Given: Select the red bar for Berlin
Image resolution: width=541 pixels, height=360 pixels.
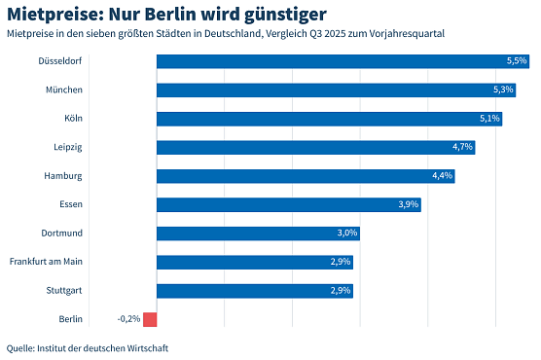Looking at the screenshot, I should (149, 319).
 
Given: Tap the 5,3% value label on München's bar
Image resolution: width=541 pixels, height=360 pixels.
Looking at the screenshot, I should (503, 90).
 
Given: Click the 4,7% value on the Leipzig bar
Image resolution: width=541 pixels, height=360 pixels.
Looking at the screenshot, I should (462, 147).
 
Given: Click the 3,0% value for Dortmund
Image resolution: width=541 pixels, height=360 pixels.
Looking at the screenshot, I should (347, 234).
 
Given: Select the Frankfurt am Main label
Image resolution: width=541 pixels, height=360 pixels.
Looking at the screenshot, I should (59, 262).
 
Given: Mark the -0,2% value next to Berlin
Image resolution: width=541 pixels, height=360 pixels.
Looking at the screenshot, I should (128, 319).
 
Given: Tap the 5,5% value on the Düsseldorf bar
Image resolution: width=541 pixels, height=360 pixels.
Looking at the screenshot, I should (517, 61).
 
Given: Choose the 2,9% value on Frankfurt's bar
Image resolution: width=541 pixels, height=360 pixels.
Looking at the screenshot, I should (341, 262).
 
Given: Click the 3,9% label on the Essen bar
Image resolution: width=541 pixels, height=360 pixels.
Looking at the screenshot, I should (409, 204).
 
